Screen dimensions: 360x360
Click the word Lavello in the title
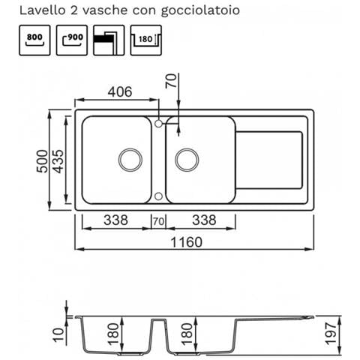[42, 10]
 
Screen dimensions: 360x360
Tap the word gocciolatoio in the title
[200, 11]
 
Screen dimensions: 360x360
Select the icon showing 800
[34, 40]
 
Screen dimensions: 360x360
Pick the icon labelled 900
[72, 40]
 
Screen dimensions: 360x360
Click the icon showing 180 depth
[146, 40]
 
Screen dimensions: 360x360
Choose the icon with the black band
[109, 40]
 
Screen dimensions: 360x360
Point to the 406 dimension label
[120, 91]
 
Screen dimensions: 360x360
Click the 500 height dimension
[42, 161]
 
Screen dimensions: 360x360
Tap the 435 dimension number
[58, 161]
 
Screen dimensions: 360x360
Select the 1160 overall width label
[186, 242]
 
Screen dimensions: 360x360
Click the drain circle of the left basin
[130, 160]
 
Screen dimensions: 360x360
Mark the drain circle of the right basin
[187, 160]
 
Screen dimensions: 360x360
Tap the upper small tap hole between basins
[158, 124]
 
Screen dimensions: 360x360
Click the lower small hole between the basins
[158, 196]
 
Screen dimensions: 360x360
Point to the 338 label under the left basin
[115, 220]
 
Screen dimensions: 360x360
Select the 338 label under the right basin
[204, 220]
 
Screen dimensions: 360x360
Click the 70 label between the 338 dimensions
[159, 221]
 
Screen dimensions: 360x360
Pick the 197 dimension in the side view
[331, 334]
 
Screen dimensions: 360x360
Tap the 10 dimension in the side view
[58, 335]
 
